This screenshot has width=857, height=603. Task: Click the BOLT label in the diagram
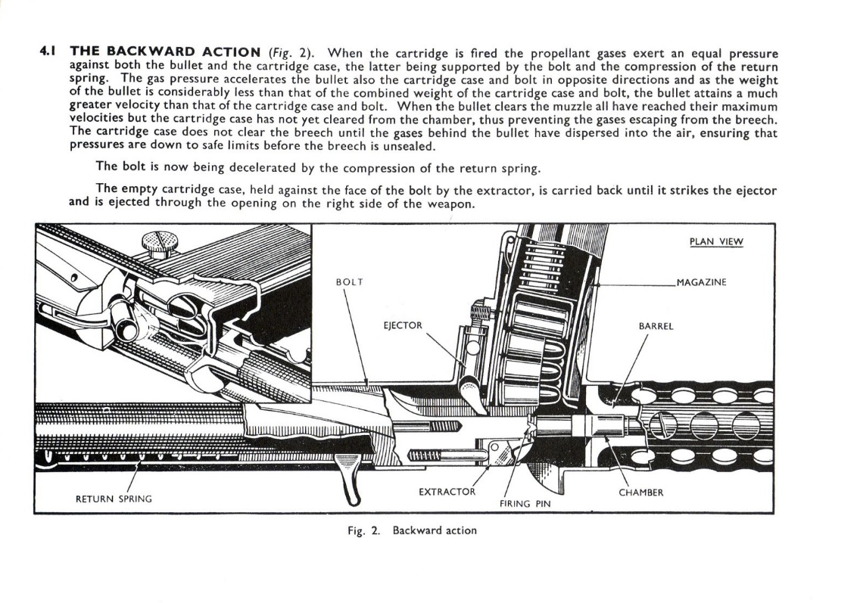(x=349, y=282)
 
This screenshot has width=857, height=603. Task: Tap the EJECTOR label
(x=403, y=326)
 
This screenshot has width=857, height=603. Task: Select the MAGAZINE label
(x=701, y=282)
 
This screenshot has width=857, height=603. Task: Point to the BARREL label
(x=656, y=326)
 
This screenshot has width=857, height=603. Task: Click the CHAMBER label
(x=640, y=493)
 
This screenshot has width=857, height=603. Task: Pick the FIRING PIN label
(x=525, y=502)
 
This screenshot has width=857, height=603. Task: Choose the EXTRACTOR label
(x=447, y=492)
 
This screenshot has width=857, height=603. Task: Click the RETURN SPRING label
(x=114, y=499)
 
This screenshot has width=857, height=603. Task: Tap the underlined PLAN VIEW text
(x=716, y=242)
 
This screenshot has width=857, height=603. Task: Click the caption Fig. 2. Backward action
(x=412, y=530)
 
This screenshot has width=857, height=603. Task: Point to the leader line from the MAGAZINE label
(x=636, y=284)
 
